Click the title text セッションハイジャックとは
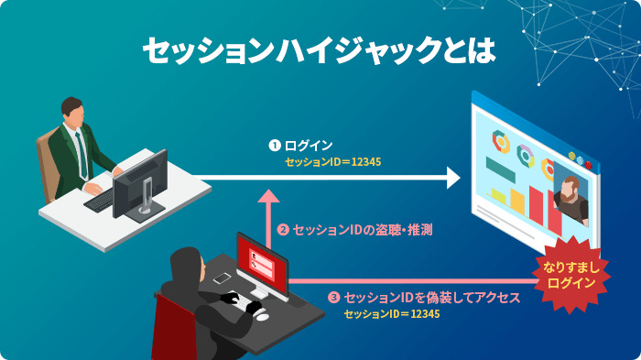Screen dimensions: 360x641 pyautogui.click(x=319, y=49)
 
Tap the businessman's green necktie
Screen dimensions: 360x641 pyautogui.click(x=81, y=152)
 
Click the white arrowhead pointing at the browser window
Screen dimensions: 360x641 pyautogui.click(x=451, y=177)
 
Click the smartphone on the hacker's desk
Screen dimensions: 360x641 pyautogui.click(x=221, y=278)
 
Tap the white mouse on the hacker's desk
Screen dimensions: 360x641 pyautogui.click(x=262, y=314)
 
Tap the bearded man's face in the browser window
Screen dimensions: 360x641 pyautogui.click(x=571, y=192)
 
